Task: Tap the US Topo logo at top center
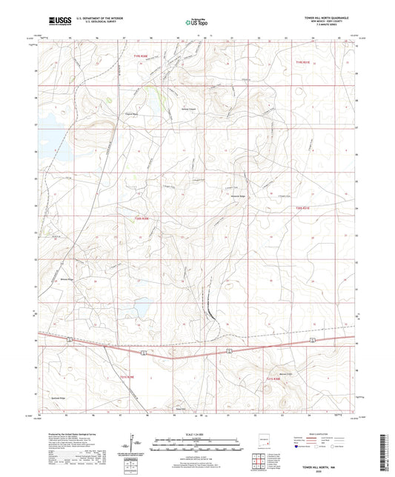pyautogui.click(x=195, y=23)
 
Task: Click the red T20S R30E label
pyautogui.click(x=142, y=218)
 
